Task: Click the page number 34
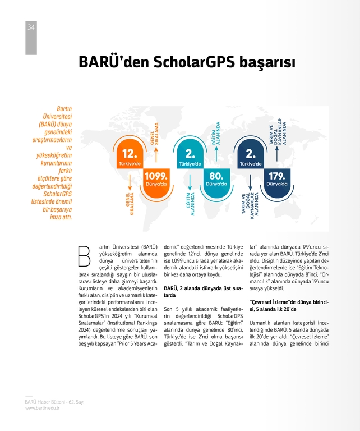pos(31,26)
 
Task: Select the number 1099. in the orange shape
pos(156,175)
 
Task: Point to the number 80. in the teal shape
pos(216,175)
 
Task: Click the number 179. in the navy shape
pos(277,175)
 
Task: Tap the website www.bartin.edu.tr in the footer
pos(42,408)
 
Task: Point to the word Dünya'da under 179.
pos(277,184)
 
